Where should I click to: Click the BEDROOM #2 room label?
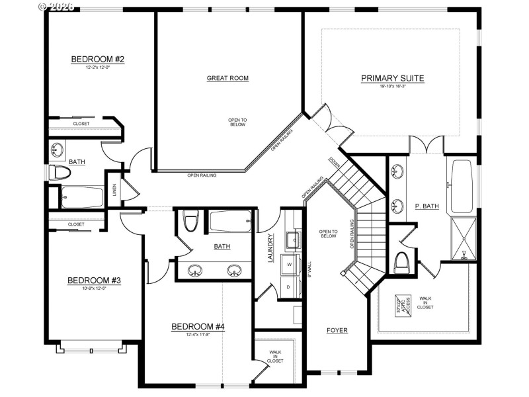click(x=98, y=60)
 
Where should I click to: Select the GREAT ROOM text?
click(x=227, y=78)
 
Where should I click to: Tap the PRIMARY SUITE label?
click(x=392, y=78)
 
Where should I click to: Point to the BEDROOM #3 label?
click(x=94, y=281)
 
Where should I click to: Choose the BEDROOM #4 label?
click(x=198, y=326)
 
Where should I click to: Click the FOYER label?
click(x=337, y=330)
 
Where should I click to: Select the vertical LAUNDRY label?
click(x=270, y=248)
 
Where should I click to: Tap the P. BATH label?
click(x=427, y=206)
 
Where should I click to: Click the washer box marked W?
click(x=290, y=264)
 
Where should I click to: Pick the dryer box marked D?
click(x=290, y=287)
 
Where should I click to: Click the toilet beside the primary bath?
click(x=401, y=263)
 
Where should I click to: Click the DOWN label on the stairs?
click(x=333, y=161)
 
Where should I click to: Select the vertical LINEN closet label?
click(x=114, y=191)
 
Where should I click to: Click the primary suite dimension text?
click(x=392, y=87)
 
